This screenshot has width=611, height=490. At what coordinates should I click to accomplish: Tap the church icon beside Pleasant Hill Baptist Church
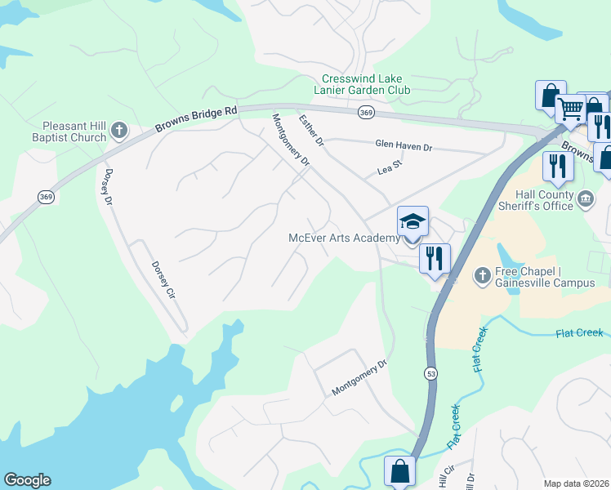coord(119,130)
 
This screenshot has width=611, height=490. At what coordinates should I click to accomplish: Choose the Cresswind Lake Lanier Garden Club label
coord(365,85)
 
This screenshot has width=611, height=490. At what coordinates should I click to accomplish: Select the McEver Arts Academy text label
coord(345,238)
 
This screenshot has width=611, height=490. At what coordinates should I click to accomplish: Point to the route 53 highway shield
coord(430,373)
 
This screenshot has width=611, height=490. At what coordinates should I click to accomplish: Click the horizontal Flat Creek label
coord(578,333)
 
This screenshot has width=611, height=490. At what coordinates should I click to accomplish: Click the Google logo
coord(27,480)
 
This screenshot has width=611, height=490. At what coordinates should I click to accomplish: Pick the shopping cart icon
coord(570,109)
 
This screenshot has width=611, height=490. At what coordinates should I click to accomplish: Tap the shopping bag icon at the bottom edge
coord(399,471)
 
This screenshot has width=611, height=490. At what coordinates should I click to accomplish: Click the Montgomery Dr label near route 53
coord(358,379)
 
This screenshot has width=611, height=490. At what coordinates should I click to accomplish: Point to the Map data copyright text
coord(576,483)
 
